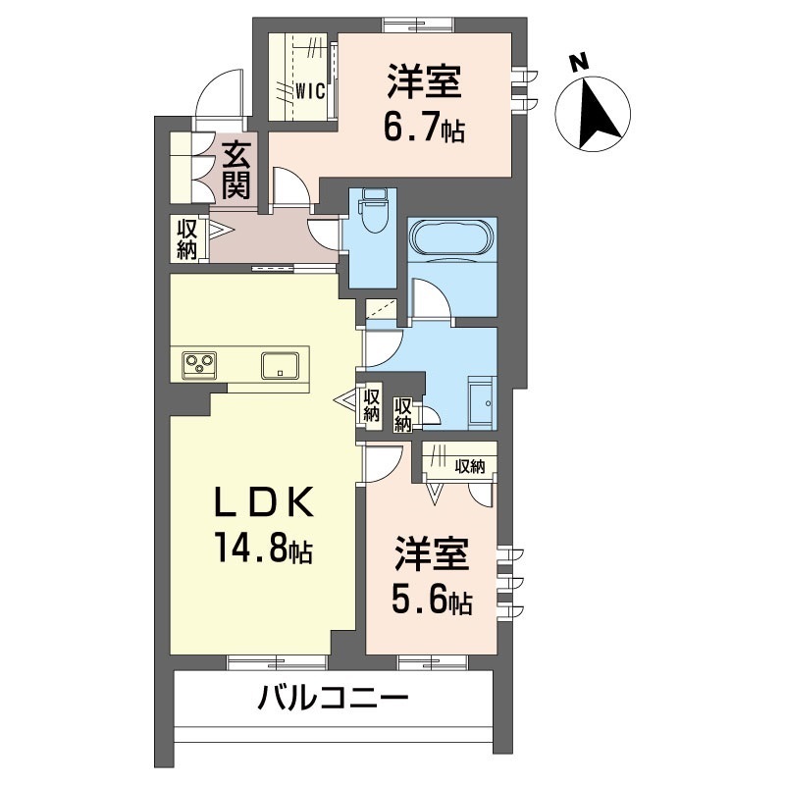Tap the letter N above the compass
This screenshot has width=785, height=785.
[x=579, y=62]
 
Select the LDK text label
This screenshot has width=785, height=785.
[x=264, y=503]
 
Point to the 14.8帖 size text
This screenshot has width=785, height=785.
[x=262, y=550]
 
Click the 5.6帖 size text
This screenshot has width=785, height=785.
[x=432, y=601]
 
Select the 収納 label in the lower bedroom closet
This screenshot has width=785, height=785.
[x=469, y=466]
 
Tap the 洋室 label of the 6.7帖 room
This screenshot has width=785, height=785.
[x=424, y=82]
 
